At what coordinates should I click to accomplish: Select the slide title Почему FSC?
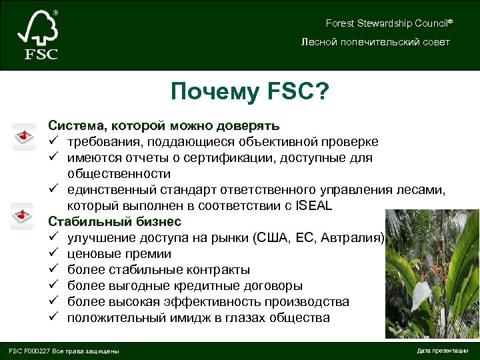250,91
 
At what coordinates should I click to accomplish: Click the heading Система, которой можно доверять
163,125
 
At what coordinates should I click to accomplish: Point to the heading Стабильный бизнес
114,221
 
